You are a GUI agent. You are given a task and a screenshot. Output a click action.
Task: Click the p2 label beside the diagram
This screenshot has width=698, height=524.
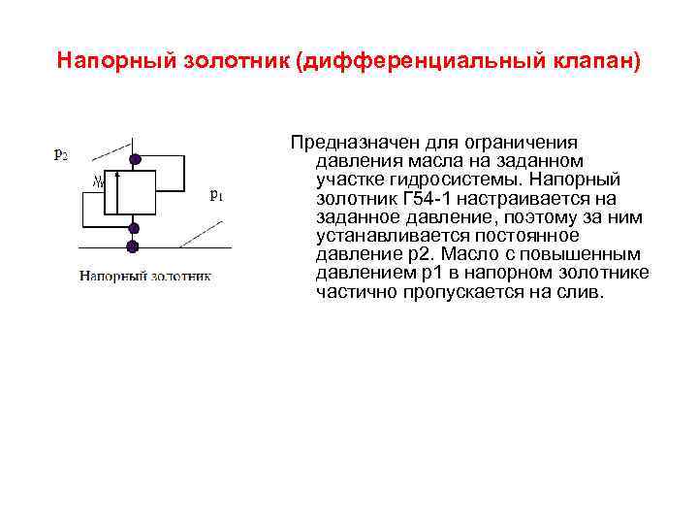[60, 154]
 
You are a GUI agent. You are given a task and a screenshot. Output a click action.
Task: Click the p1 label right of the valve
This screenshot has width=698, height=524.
[216, 194]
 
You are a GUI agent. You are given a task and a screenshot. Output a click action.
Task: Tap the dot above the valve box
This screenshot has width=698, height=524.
[136, 159]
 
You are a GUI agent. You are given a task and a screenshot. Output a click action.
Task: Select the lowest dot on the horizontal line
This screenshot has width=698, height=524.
[133, 246]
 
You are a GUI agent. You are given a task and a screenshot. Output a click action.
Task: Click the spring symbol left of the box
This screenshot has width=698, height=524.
[97, 180]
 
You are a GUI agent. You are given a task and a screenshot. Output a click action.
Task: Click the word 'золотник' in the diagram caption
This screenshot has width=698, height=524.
[180, 276]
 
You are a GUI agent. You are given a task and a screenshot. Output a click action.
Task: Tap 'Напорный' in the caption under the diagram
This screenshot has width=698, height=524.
[113, 276]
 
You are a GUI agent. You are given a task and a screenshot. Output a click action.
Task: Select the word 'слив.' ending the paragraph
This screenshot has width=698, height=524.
[580, 292]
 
